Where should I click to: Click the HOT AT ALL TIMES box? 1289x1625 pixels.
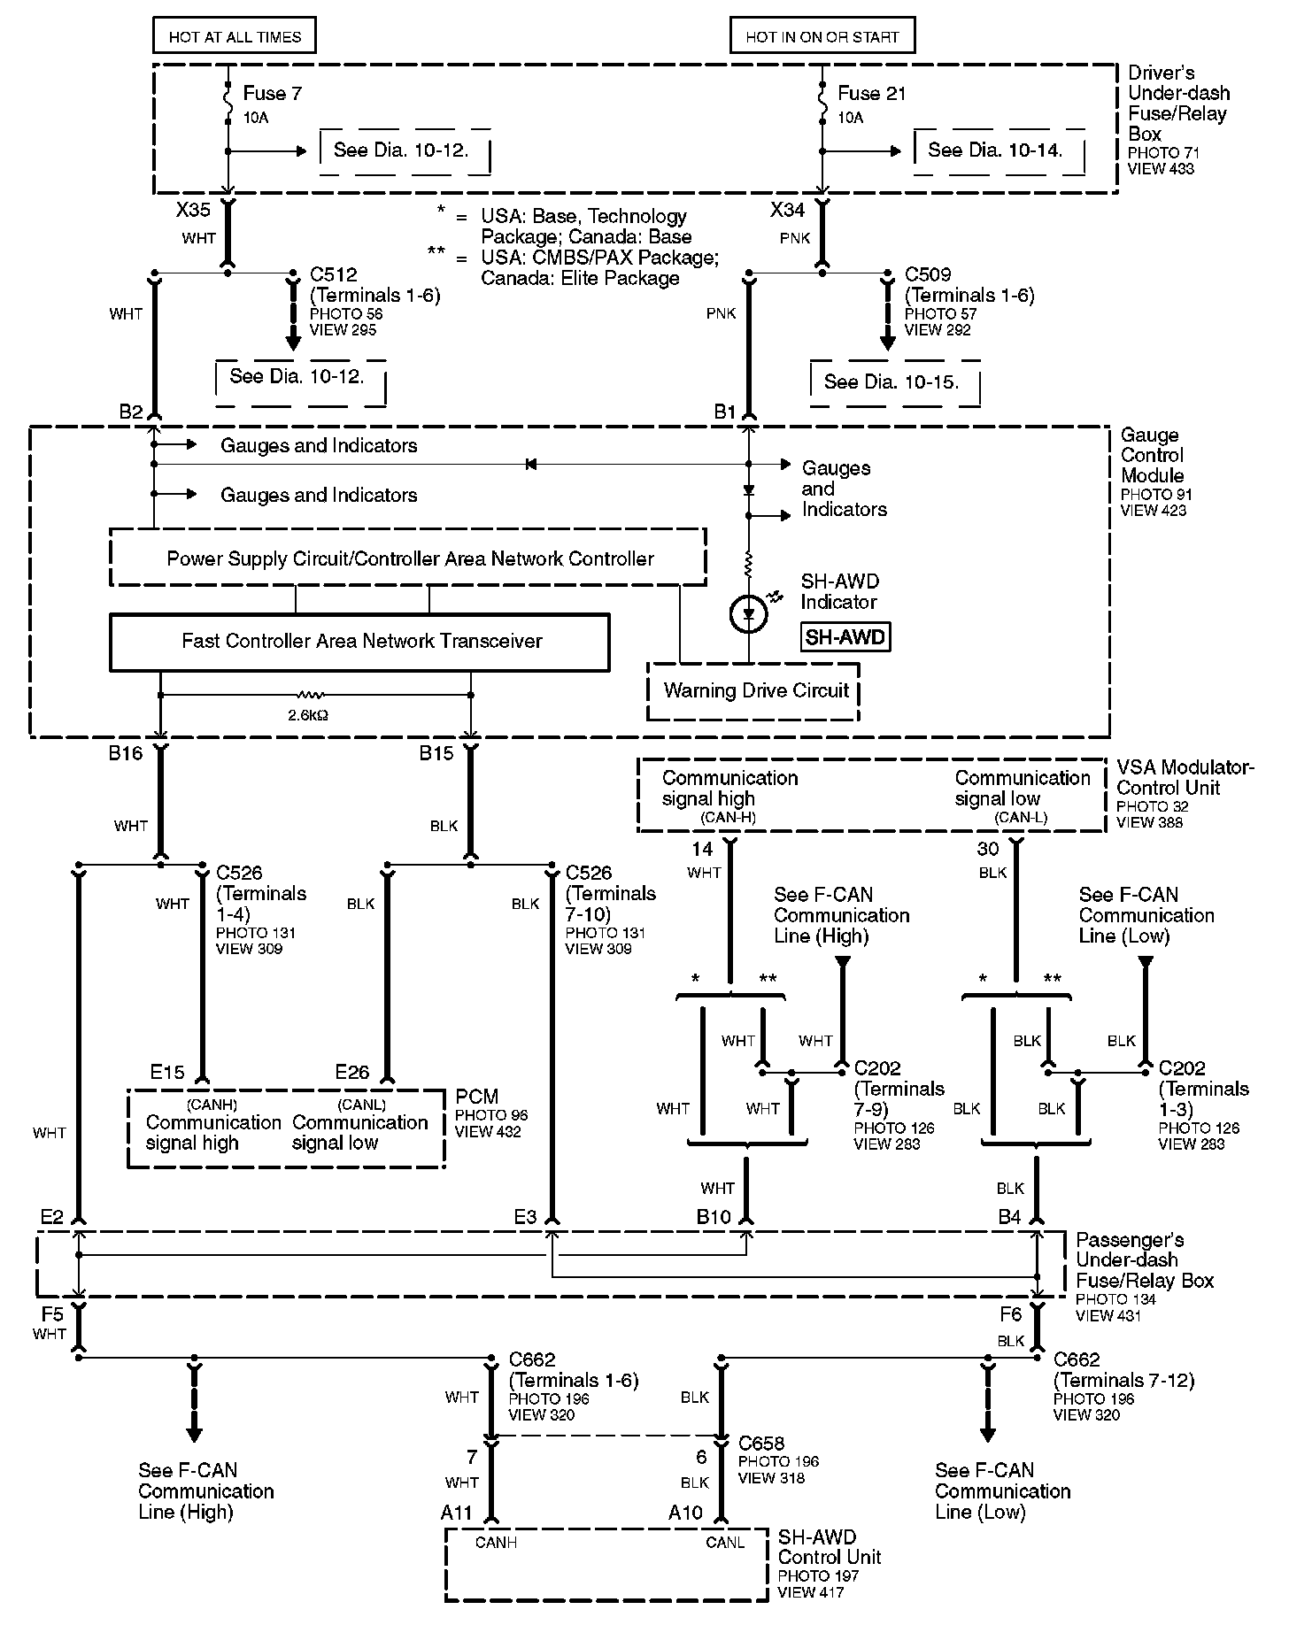pos(235,36)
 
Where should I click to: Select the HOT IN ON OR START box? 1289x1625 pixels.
pos(822,36)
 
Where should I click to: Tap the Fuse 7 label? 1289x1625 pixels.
pos(272,94)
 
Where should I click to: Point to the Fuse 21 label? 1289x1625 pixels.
pos(871,94)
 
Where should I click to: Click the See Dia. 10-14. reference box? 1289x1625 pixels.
pos(994,150)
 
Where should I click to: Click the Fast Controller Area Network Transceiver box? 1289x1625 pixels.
pos(361,641)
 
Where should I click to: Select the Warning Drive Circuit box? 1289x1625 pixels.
pos(755,690)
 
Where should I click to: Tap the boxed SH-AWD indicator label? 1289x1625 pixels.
pos(845,636)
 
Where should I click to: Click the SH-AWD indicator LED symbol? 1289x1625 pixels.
pos(748,614)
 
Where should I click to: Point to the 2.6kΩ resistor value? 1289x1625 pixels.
pos(307,714)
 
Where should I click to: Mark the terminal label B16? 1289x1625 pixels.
pos(125,753)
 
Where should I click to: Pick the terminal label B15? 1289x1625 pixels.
pos(436,753)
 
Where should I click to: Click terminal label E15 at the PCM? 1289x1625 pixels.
pos(167,1073)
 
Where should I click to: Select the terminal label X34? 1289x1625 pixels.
pos(787,210)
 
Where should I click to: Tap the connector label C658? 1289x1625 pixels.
pos(761,1444)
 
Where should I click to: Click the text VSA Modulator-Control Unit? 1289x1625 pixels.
pos(1185,777)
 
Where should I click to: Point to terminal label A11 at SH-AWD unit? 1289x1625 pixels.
pos(457,1513)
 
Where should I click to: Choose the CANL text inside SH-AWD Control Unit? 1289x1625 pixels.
pos(724,1543)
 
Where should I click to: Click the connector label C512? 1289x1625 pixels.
pos(334,274)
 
